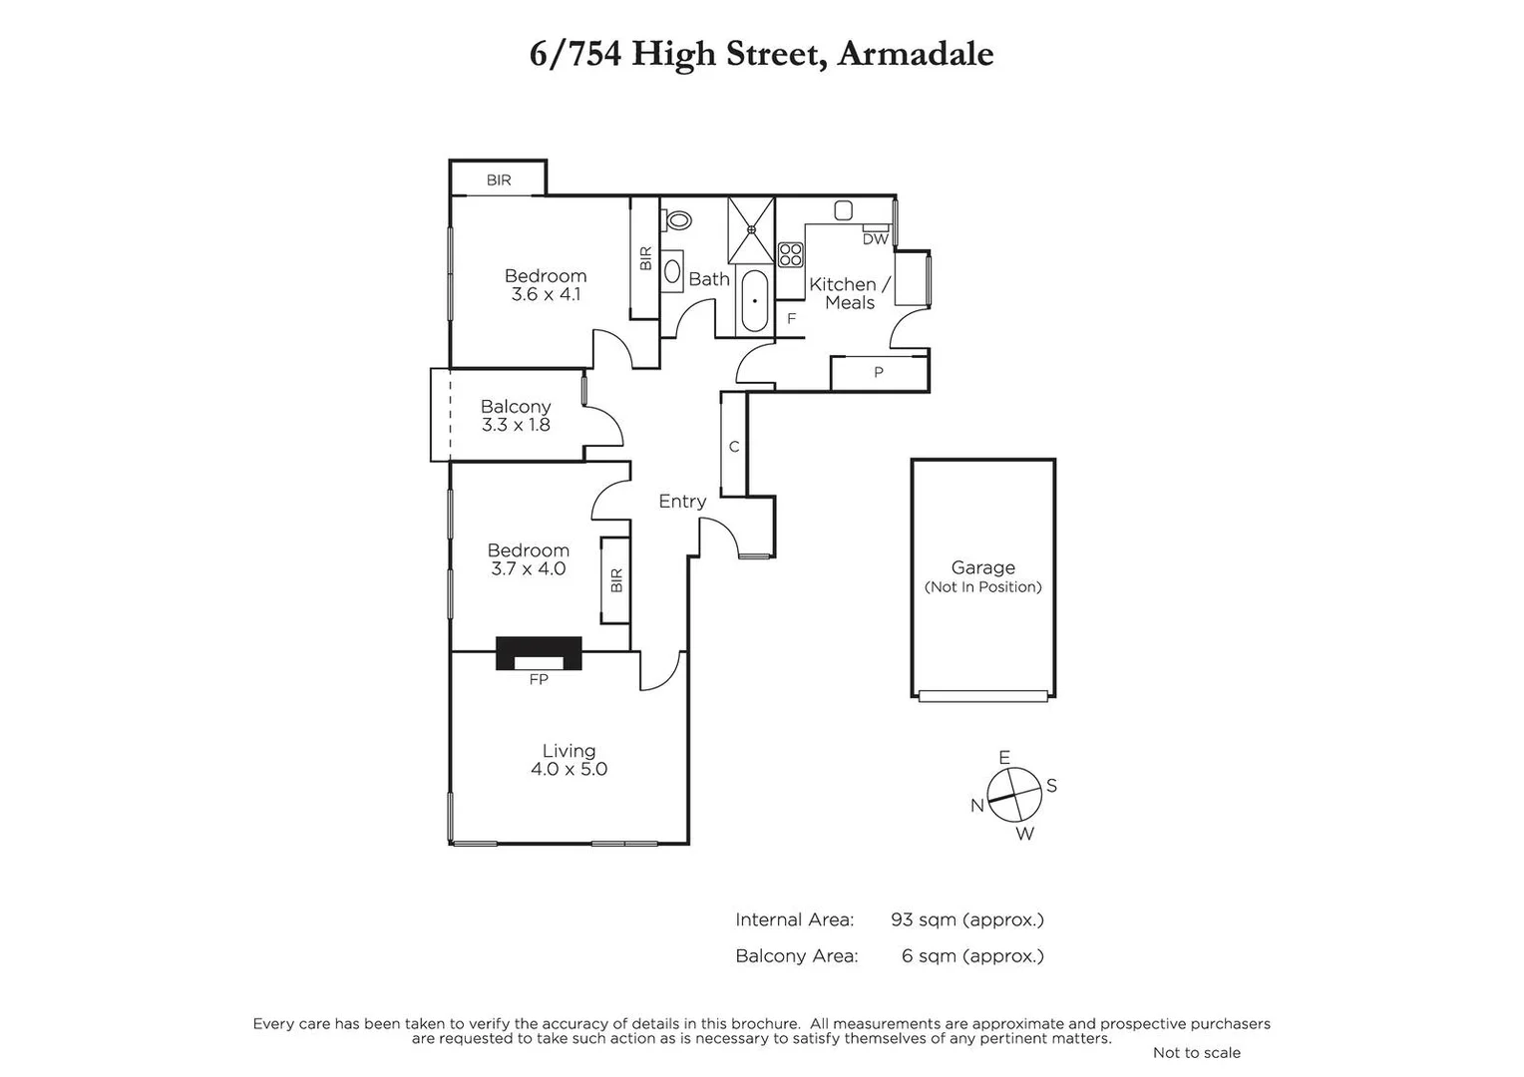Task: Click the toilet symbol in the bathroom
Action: [x=679, y=219]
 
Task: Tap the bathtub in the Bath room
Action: [x=755, y=300]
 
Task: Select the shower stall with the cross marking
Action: [x=751, y=229]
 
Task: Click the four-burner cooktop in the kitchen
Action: [x=791, y=254]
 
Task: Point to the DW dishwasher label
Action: [x=875, y=239]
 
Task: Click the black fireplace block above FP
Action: [x=539, y=653]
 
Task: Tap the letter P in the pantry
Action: [x=879, y=373]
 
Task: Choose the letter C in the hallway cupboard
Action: [x=734, y=447]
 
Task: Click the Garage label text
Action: [x=982, y=567]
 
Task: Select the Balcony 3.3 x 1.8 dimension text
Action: [x=516, y=425]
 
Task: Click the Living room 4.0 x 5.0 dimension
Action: [x=569, y=769]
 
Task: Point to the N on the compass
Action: [x=977, y=806]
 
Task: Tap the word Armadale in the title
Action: [x=915, y=54]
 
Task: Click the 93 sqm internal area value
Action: [x=966, y=919]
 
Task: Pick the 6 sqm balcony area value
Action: [x=971, y=955]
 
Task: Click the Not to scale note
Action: [x=1196, y=1052]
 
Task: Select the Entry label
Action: [x=682, y=502]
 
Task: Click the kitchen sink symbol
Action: [x=843, y=210]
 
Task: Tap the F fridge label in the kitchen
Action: [x=792, y=319]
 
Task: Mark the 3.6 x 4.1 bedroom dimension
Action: [x=546, y=294]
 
